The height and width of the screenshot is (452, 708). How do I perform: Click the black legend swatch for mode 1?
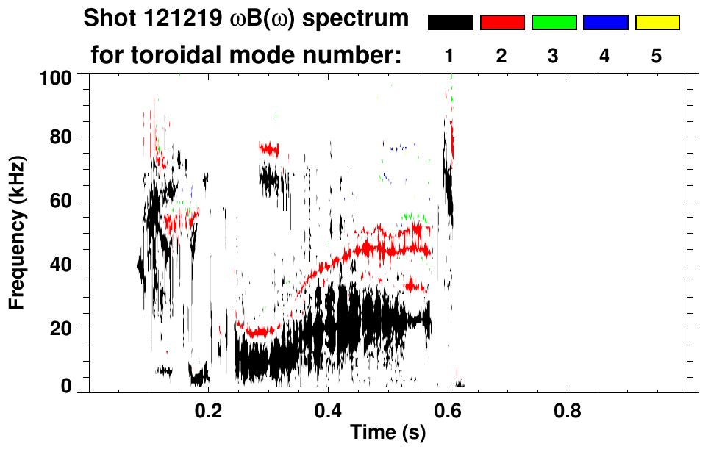(x=451, y=23)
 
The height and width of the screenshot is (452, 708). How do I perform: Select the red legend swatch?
(x=502, y=23)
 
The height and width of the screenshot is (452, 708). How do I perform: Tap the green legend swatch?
(x=554, y=23)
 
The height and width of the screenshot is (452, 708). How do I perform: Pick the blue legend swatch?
(x=605, y=23)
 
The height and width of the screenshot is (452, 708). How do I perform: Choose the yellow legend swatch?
(x=657, y=23)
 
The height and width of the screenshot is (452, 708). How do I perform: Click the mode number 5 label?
(x=657, y=55)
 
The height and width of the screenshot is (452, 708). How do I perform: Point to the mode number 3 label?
(x=553, y=55)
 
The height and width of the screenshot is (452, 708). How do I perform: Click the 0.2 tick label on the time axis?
(x=209, y=409)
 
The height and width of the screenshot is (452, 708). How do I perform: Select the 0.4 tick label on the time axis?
(x=328, y=409)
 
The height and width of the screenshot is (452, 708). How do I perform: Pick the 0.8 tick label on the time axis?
(x=567, y=409)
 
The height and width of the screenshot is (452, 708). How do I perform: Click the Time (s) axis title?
(x=387, y=434)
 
